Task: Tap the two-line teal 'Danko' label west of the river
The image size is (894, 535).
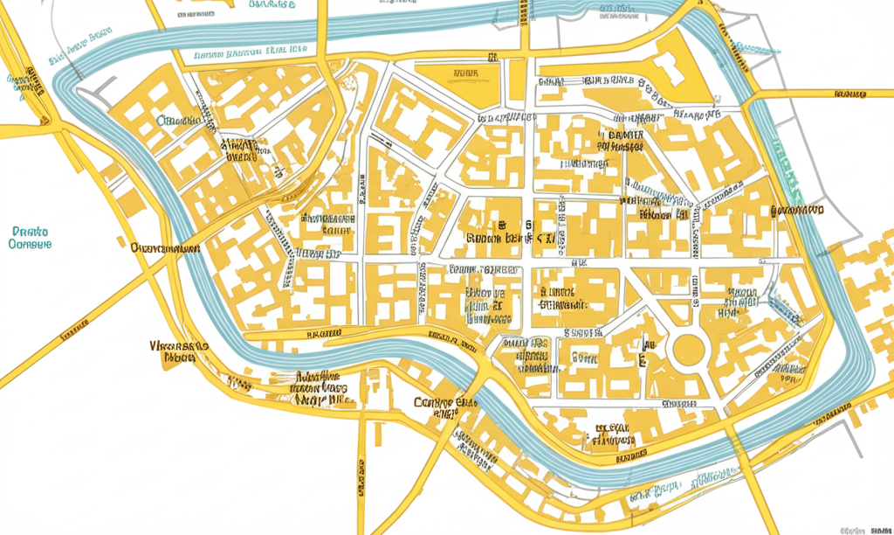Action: (30, 238)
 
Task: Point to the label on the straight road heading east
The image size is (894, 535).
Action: (849, 93)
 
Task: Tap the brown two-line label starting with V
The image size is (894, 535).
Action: (179, 351)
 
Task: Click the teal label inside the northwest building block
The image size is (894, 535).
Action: (179, 121)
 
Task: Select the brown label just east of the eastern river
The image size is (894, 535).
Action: (795, 211)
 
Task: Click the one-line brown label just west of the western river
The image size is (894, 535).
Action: (164, 248)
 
